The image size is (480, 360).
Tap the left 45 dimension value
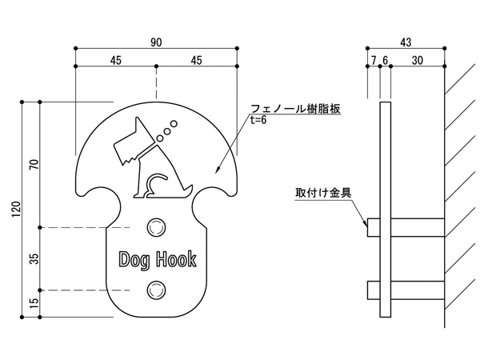(115, 59)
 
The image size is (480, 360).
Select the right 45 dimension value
(197, 59)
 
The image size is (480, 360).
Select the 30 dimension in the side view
(418, 59)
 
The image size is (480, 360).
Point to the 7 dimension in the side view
(373, 59)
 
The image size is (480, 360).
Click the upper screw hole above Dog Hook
(156, 226)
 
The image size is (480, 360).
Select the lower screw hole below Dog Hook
(156, 288)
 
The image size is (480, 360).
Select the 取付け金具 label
(318, 193)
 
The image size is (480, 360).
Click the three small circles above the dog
(166, 127)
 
